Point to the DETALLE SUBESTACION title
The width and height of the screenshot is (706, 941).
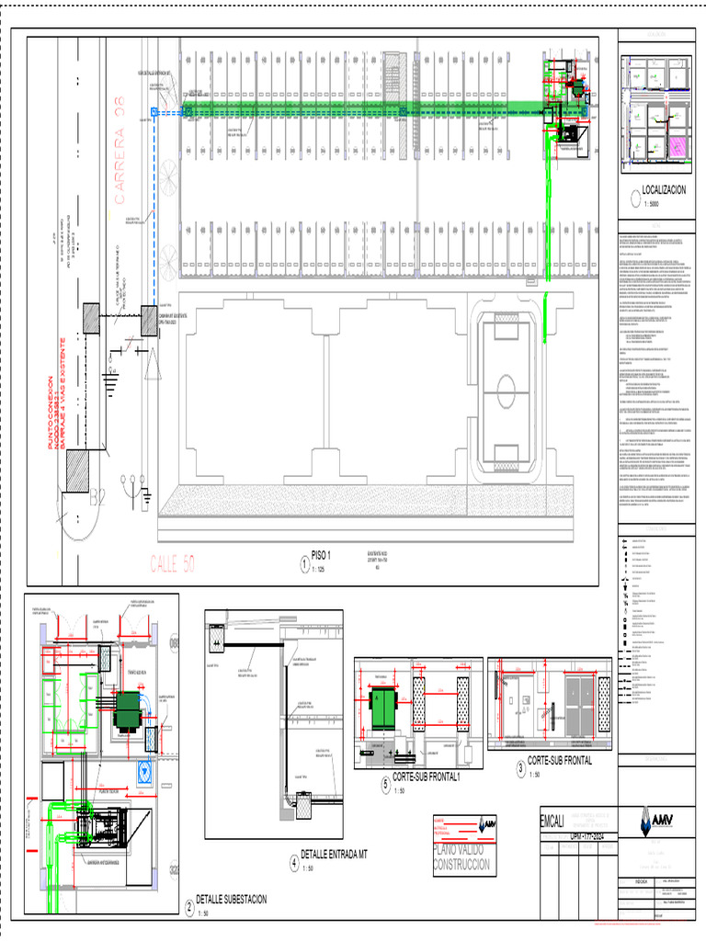pyautogui.click(x=232, y=900)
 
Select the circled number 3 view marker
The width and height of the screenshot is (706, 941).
pyautogui.click(x=521, y=768)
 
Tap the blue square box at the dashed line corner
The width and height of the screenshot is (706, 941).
pyautogui.click(x=154, y=112)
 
